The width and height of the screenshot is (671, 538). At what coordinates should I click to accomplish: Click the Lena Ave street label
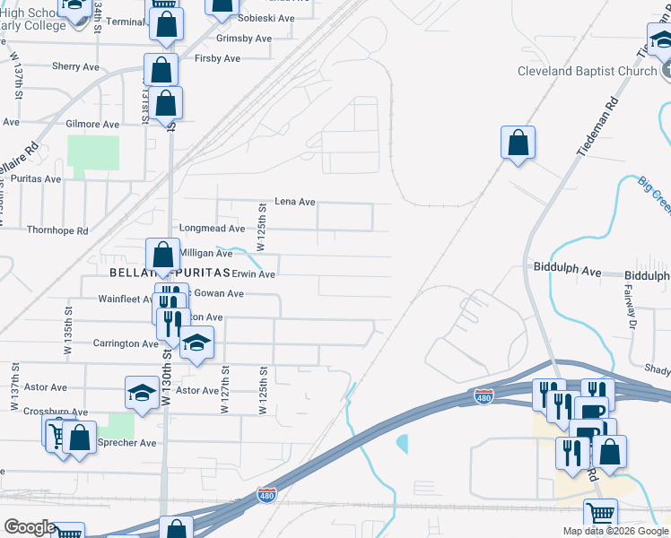click(x=294, y=202)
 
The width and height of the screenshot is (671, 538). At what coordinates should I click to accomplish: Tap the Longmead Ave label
click(x=212, y=229)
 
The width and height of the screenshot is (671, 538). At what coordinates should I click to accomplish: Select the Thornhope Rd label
click(x=57, y=230)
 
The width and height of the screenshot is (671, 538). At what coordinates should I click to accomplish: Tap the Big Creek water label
click(x=654, y=195)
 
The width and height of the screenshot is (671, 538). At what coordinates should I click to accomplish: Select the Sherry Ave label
click(x=75, y=66)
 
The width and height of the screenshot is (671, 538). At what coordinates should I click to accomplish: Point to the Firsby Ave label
click(x=218, y=58)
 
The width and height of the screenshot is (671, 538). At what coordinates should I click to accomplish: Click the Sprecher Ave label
click(x=126, y=442)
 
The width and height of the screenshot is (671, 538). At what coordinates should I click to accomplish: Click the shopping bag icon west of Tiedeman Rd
click(x=518, y=143)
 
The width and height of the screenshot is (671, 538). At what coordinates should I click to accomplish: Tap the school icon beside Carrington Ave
click(x=196, y=343)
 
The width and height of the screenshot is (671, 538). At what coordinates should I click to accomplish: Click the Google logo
click(x=30, y=527)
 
